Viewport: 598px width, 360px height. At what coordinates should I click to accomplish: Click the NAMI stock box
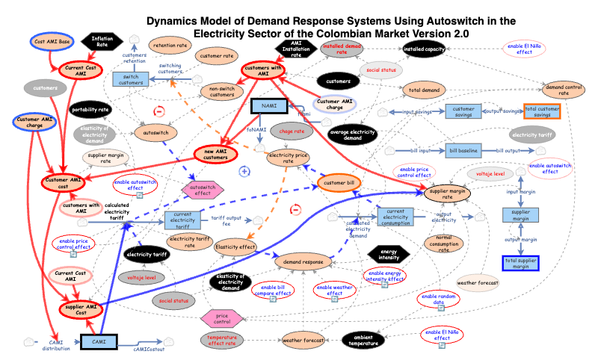[269, 107]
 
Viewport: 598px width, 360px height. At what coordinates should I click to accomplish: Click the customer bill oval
[340, 182]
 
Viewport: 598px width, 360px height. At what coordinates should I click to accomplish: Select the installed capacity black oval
[424, 50]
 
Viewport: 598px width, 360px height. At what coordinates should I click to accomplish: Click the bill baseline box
[463, 151]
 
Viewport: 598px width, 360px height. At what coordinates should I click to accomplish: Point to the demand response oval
[303, 261]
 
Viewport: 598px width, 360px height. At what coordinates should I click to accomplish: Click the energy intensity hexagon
[388, 255]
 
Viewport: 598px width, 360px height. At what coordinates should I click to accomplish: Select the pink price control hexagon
[222, 319]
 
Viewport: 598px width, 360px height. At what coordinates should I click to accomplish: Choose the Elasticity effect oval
[235, 246]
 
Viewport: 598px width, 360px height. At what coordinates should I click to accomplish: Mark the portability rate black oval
[90, 110]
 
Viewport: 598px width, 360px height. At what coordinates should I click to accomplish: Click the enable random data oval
[438, 301]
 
